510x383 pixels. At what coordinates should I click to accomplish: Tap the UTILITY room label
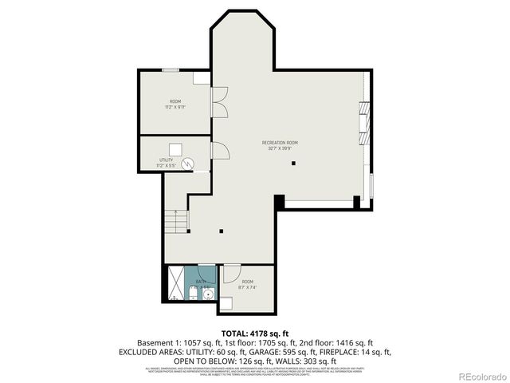[166, 160]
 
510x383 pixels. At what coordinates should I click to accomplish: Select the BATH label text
[201, 282]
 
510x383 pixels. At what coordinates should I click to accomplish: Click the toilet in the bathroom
[193, 296]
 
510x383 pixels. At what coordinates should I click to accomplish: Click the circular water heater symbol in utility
[189, 164]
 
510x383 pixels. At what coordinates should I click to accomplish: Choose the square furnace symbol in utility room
[175, 148]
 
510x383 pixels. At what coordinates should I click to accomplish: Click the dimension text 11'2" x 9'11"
[175, 106]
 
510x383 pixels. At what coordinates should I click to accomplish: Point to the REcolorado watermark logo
[477, 375]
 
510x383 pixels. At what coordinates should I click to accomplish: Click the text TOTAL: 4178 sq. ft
[254, 333]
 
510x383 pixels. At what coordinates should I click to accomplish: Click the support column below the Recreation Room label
[293, 164]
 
